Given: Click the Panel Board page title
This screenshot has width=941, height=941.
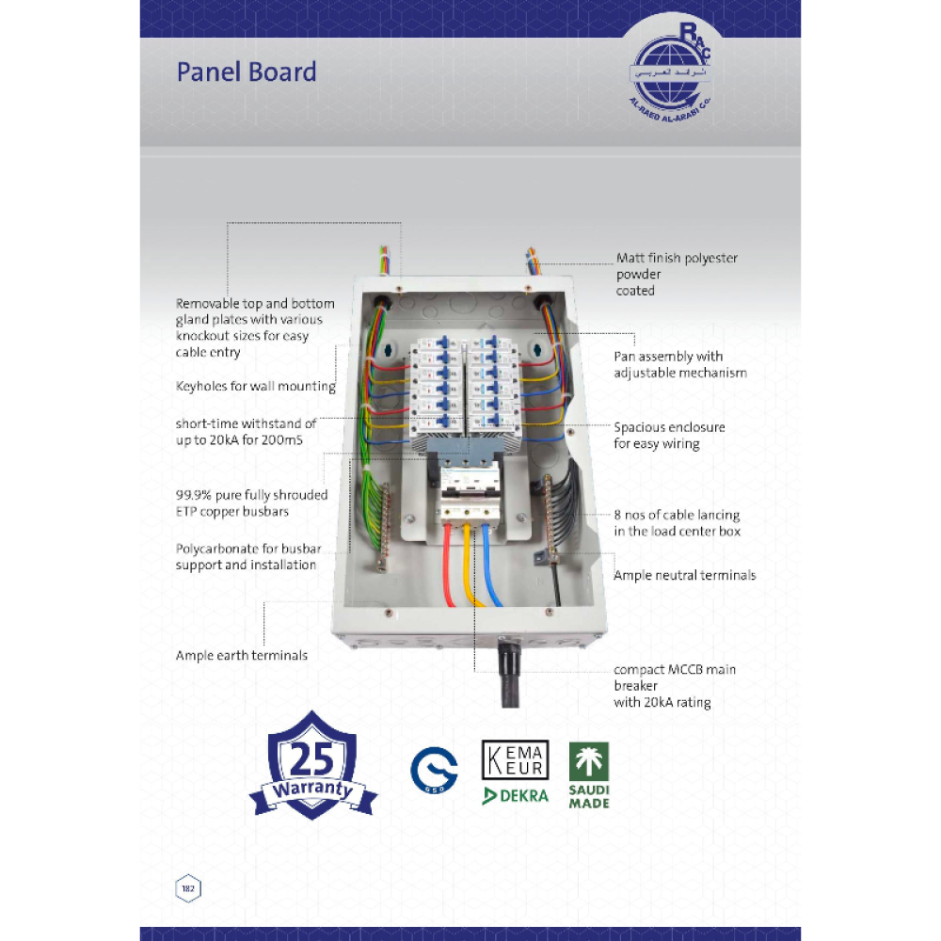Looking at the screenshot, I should [247, 72].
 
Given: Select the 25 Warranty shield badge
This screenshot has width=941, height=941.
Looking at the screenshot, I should [313, 764].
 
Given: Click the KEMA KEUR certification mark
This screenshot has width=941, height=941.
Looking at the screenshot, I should [514, 759].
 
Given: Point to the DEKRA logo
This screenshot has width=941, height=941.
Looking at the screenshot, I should [515, 795].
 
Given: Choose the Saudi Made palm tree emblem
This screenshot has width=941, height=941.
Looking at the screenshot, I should [589, 761].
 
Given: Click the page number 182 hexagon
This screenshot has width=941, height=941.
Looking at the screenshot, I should [188, 887].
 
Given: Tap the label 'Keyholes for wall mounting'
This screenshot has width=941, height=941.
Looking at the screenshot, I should [255, 386].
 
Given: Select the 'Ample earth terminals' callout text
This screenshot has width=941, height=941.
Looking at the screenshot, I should [241, 655].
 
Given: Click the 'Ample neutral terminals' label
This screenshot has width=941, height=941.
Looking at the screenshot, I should [684, 575].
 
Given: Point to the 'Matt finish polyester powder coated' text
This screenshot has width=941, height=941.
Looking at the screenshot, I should [677, 274].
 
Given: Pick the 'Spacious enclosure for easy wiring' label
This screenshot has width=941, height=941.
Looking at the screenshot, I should [669, 435].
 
